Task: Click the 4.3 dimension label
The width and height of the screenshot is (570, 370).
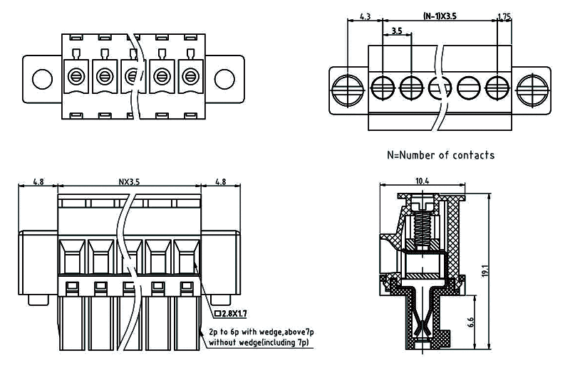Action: tap(364, 15)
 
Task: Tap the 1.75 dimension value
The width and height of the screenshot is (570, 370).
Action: tap(504, 15)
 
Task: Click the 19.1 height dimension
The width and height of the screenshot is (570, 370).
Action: tap(485, 271)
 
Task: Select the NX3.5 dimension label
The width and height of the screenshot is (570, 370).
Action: tap(129, 181)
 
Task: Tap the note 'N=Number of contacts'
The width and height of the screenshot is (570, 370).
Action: tap(440, 154)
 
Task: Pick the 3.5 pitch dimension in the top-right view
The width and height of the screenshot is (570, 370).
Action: tap(398, 31)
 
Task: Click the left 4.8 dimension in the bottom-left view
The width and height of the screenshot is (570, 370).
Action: tap(39, 181)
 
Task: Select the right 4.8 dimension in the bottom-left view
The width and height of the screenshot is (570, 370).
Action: tap(220, 181)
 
